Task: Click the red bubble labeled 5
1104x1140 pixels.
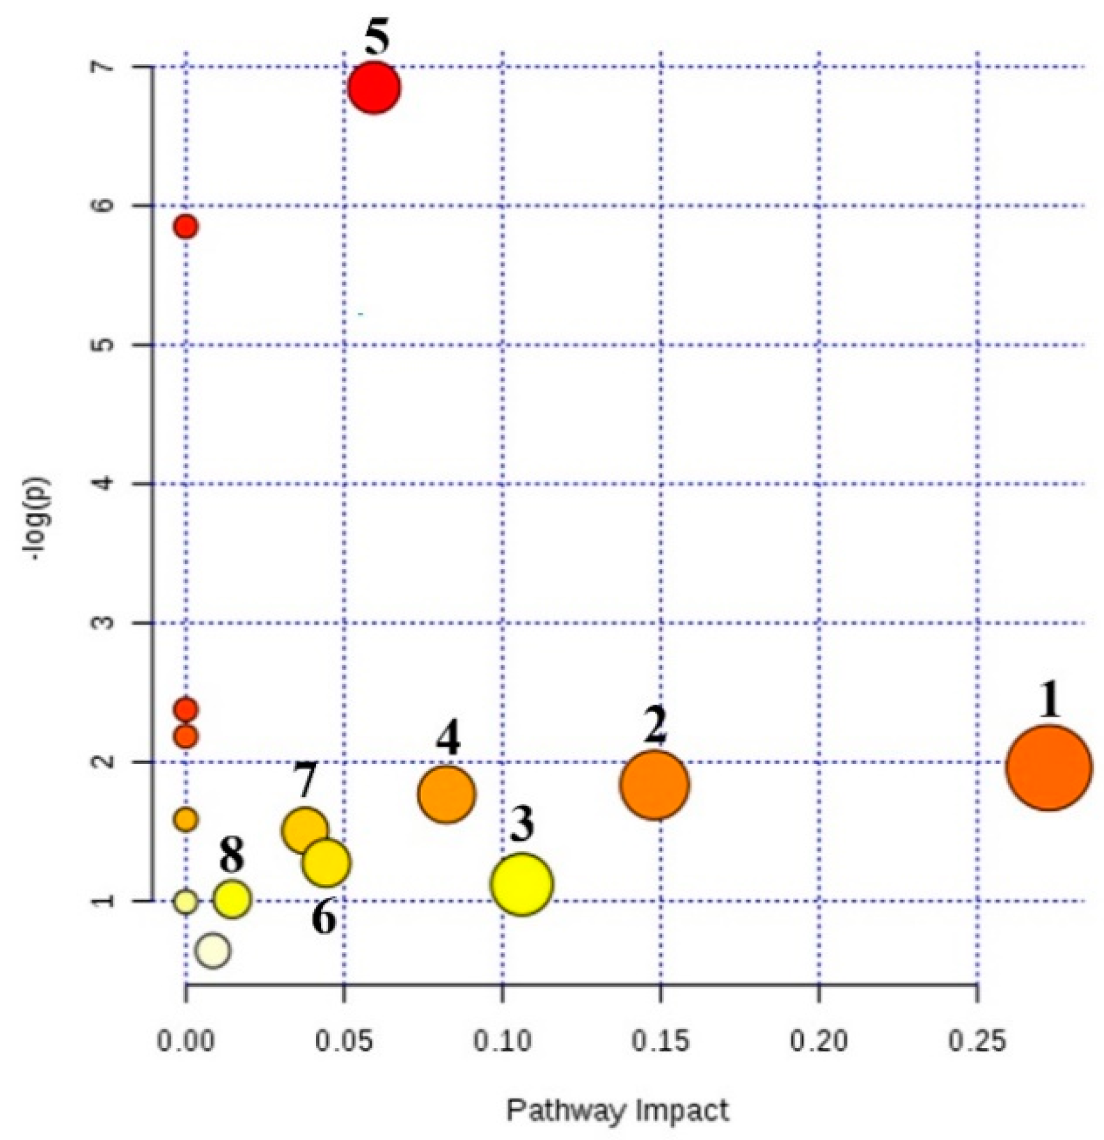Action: tap(374, 88)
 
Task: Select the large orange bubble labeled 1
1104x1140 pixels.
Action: tap(1048, 768)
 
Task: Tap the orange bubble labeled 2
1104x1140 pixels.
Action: tap(654, 785)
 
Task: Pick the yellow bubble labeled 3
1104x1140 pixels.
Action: tap(522, 884)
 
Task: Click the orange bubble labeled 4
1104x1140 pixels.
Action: tap(446, 794)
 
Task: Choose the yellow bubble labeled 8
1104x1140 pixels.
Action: tap(232, 899)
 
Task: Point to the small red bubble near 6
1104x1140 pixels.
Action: tap(185, 226)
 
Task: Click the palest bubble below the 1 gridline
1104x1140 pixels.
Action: tap(213, 951)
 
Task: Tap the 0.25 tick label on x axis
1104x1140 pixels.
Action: tap(977, 1041)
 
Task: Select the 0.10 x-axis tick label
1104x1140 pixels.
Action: tap(502, 1041)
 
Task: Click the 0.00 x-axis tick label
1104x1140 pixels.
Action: tap(185, 1041)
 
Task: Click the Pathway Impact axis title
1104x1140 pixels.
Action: tap(617, 1111)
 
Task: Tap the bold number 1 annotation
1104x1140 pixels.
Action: tap(1050, 700)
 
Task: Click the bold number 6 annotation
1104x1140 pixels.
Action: tap(324, 918)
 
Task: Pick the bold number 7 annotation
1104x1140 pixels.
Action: tap(305, 780)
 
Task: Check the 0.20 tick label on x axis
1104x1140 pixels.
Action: tap(819, 1041)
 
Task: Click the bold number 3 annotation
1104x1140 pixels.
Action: tap(522, 825)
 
